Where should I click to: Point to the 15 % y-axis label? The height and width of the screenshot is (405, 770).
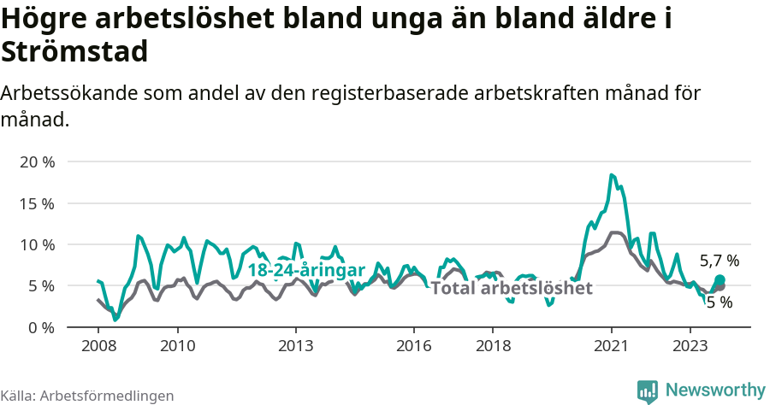tap(36, 203)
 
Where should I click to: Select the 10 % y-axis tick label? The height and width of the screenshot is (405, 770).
tap(36, 244)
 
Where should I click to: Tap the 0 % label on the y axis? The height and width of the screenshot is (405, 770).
tap(40, 327)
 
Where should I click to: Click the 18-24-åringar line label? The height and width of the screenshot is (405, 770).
tap(306, 269)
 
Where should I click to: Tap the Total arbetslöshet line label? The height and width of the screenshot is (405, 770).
tap(512, 288)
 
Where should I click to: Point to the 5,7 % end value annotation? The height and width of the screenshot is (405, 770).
tap(719, 261)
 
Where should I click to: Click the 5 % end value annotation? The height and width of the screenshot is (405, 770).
tap(719, 302)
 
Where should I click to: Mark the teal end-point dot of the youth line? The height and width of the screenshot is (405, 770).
tap(720, 280)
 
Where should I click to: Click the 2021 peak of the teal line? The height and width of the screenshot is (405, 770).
tap(612, 175)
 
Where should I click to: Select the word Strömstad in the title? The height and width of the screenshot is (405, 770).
tap(75, 51)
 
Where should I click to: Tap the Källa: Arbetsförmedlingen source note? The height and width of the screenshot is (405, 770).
tap(86, 396)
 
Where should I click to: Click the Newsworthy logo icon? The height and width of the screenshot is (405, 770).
tap(648, 390)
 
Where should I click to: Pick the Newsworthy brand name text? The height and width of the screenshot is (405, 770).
tap(715, 390)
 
